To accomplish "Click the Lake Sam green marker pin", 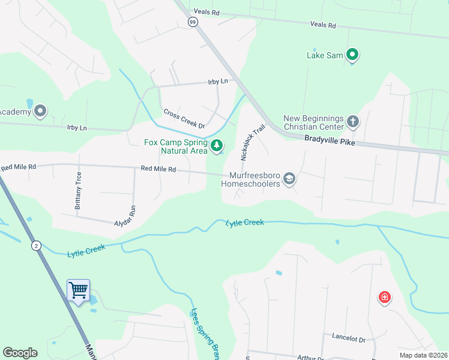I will pyautogui.click(x=353, y=56).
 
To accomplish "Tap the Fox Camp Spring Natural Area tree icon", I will pyautogui.click(x=217, y=145).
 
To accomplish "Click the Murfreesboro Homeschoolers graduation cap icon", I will pyautogui.click(x=289, y=179).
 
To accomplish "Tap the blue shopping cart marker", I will pyautogui.click(x=79, y=291).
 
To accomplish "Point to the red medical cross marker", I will pyautogui.click(x=384, y=297).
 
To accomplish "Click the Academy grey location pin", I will pyautogui.click(x=40, y=111).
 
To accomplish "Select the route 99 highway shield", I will pyautogui.click(x=192, y=22).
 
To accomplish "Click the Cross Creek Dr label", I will pyautogui.click(x=184, y=118).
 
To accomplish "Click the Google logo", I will pyautogui.click(x=20, y=353).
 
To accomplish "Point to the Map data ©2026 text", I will pyautogui.click(x=423, y=355).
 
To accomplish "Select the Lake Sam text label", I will pyautogui.click(x=325, y=56).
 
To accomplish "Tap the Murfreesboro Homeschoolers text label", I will pyautogui.click(x=251, y=180).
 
